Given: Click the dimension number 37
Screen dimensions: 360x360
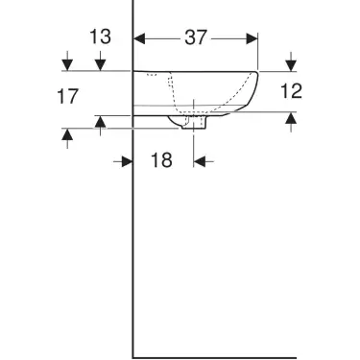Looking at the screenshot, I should click(x=196, y=37).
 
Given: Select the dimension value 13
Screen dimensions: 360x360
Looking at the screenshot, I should click(x=99, y=37).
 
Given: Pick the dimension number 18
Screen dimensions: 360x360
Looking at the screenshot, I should click(x=160, y=160).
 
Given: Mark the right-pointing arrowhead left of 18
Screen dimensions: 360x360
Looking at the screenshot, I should click(x=126, y=161).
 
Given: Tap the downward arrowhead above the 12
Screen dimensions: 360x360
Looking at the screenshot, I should click(x=291, y=63).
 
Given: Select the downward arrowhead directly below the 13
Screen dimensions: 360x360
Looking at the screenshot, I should click(x=99, y=63).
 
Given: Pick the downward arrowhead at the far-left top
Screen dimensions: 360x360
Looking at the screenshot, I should click(x=66, y=63).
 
